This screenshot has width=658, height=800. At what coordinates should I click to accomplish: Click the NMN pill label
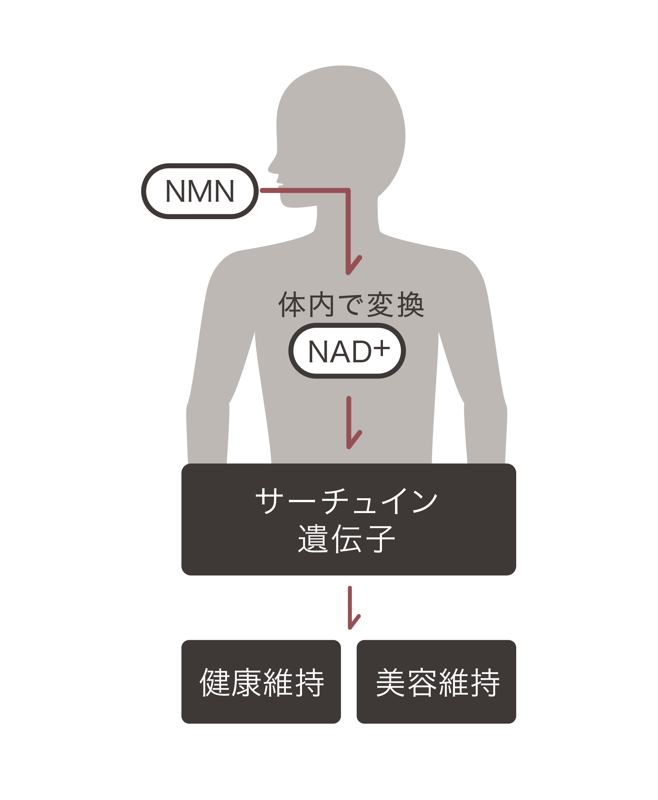coord(200,191)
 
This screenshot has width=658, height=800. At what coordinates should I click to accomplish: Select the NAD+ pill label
coord(347,351)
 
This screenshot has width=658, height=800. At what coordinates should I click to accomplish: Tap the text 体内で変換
coord(351,304)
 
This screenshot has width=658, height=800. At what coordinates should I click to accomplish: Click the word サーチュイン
coord(346,501)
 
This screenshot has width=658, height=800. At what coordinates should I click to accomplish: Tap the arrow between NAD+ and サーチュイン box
coord(349,423)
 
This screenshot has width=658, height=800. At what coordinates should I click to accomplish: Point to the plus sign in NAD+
coord(381,348)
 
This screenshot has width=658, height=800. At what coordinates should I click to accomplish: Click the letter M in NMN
coord(200,191)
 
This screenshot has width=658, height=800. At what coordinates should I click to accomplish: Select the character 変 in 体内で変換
coord(380,304)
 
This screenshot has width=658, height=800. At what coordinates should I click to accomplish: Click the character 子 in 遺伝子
coord(380,539)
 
